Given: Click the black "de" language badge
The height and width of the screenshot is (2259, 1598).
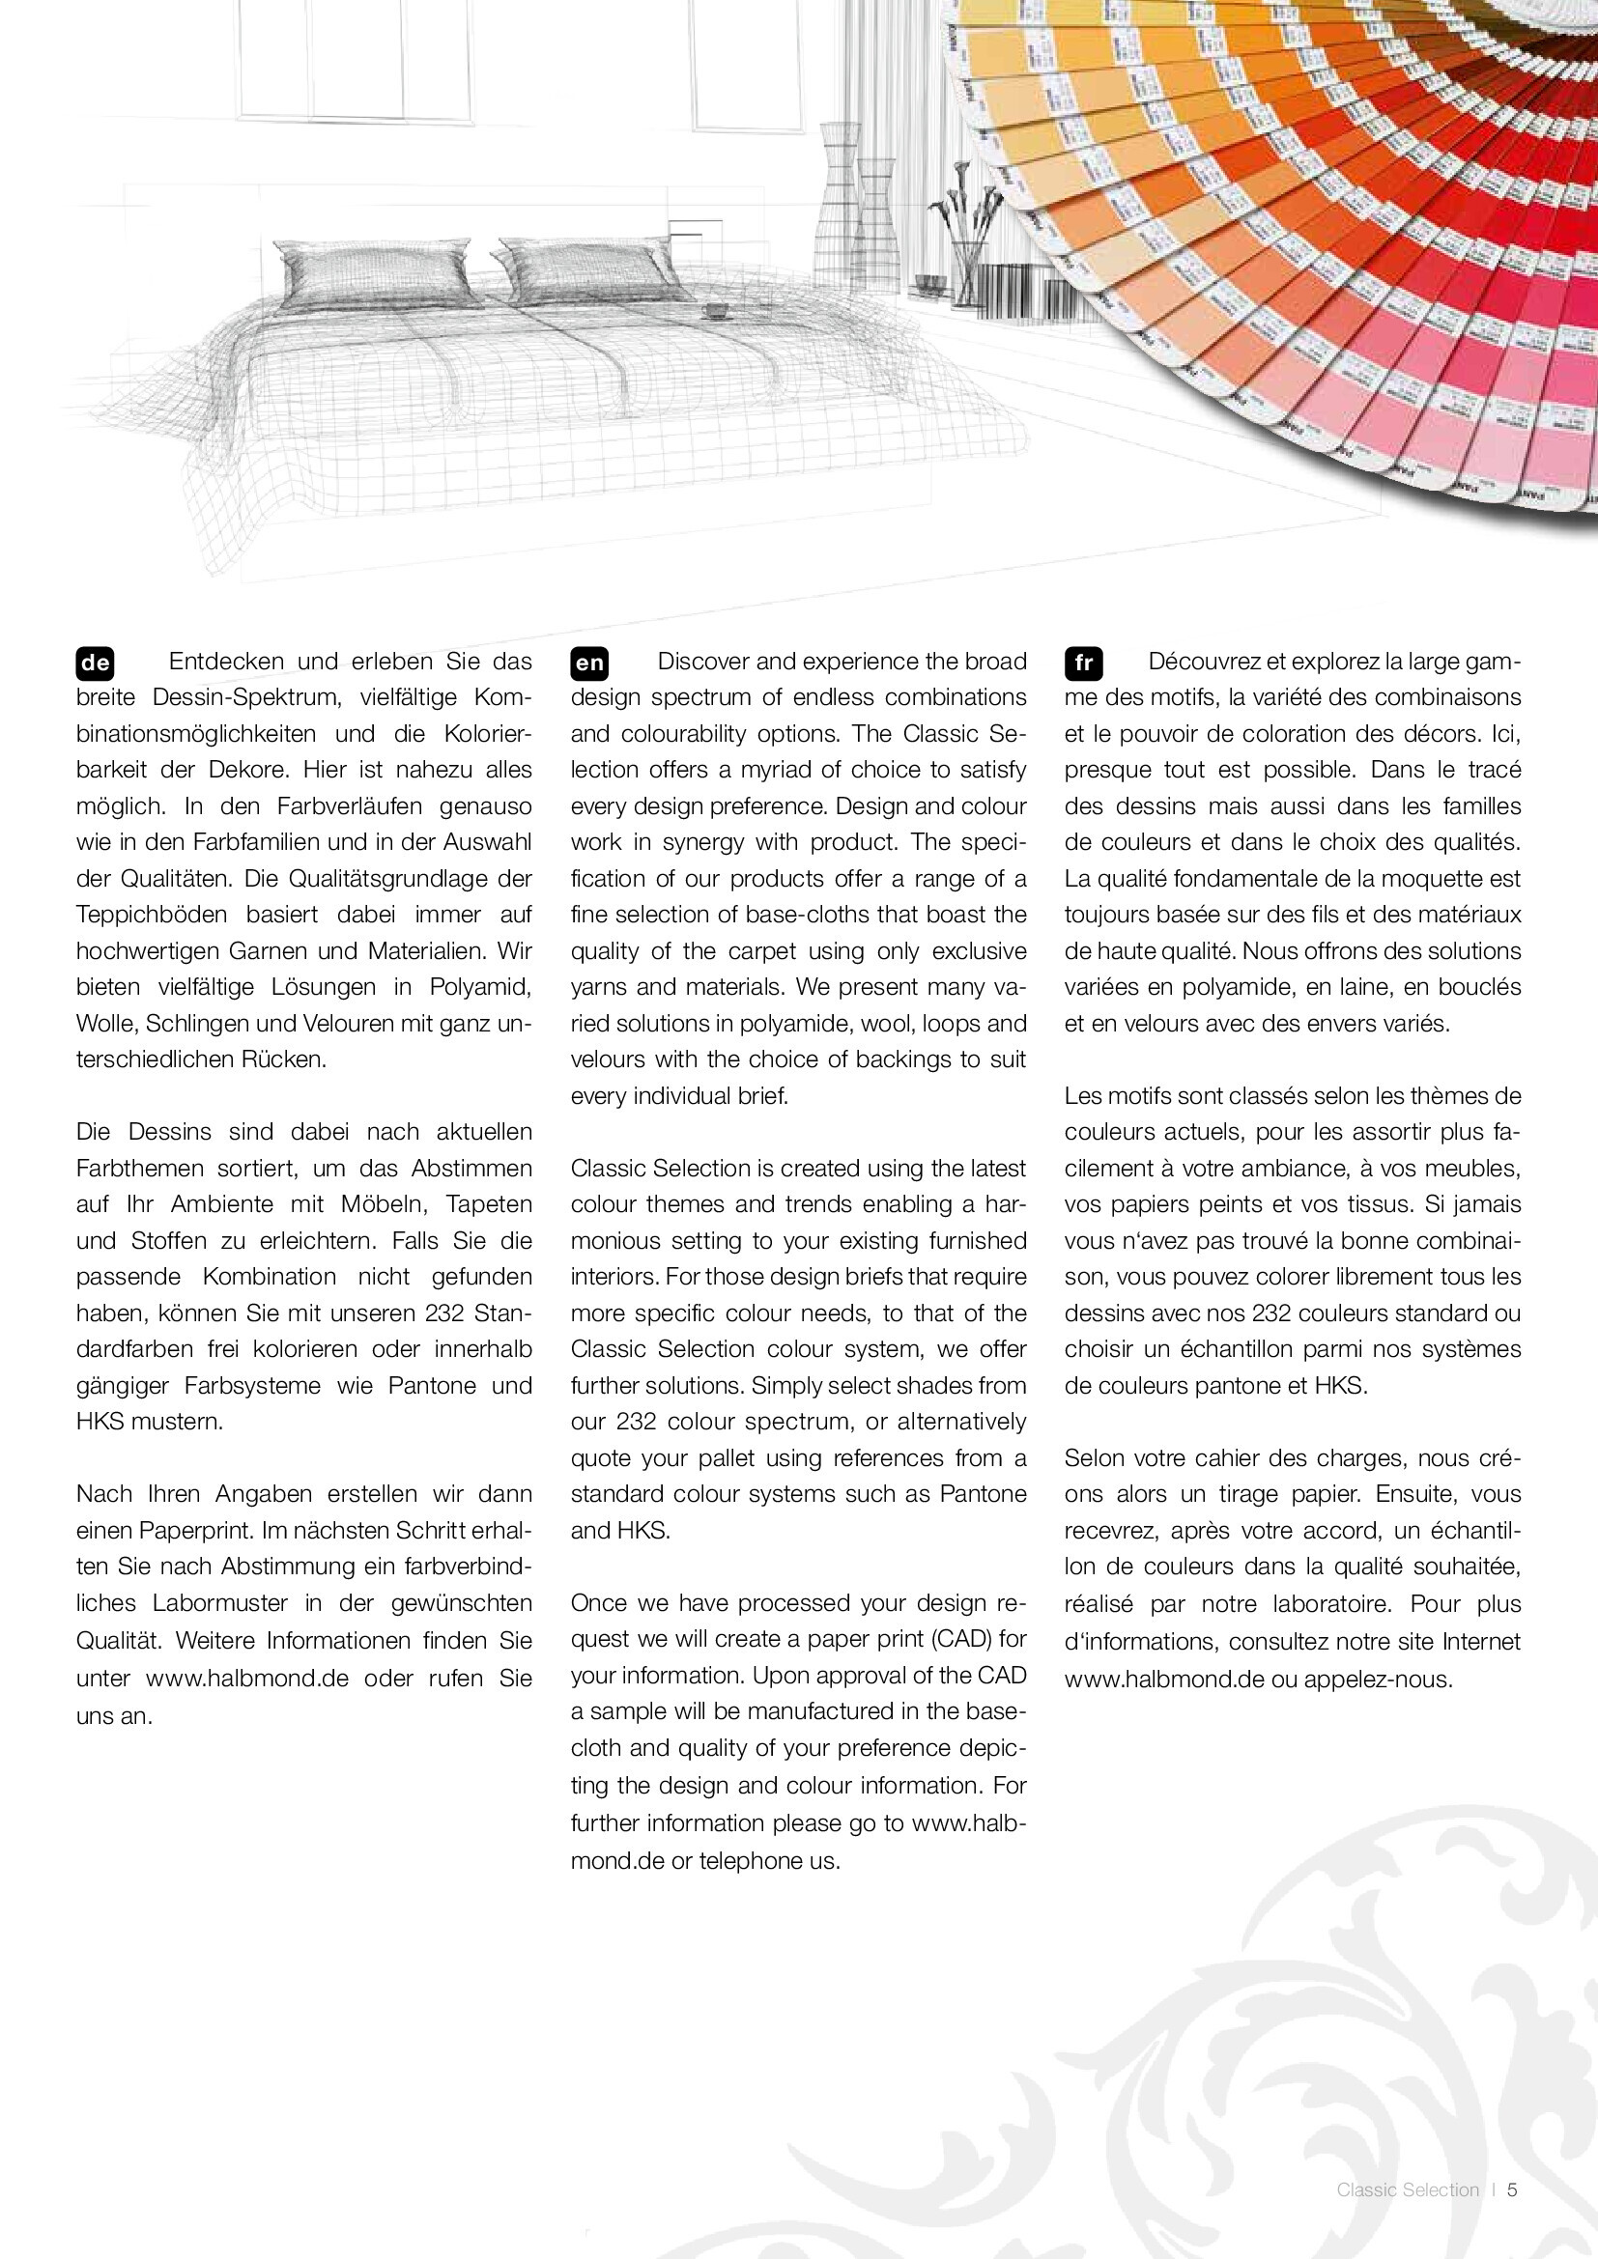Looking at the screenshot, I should coord(96,664).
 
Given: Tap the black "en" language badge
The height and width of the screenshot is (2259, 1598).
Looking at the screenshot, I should coord(589,664).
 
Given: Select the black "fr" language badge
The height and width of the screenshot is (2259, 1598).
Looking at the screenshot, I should coord(1083,664).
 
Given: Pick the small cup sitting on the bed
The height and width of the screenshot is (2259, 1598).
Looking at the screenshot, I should coord(713,311).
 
